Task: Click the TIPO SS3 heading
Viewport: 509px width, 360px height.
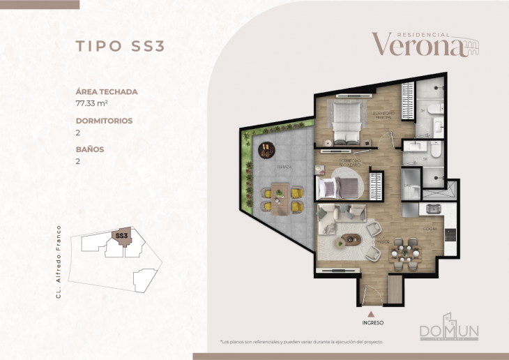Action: click(120, 46)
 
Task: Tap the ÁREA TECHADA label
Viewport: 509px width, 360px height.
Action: click(107, 91)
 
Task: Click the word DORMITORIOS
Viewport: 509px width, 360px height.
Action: click(104, 121)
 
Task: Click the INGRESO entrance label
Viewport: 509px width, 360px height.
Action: click(373, 323)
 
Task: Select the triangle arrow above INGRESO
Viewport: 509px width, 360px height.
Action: click(373, 314)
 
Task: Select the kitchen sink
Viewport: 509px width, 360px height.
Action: click(432, 208)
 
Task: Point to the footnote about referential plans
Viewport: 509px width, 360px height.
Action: click(301, 342)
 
